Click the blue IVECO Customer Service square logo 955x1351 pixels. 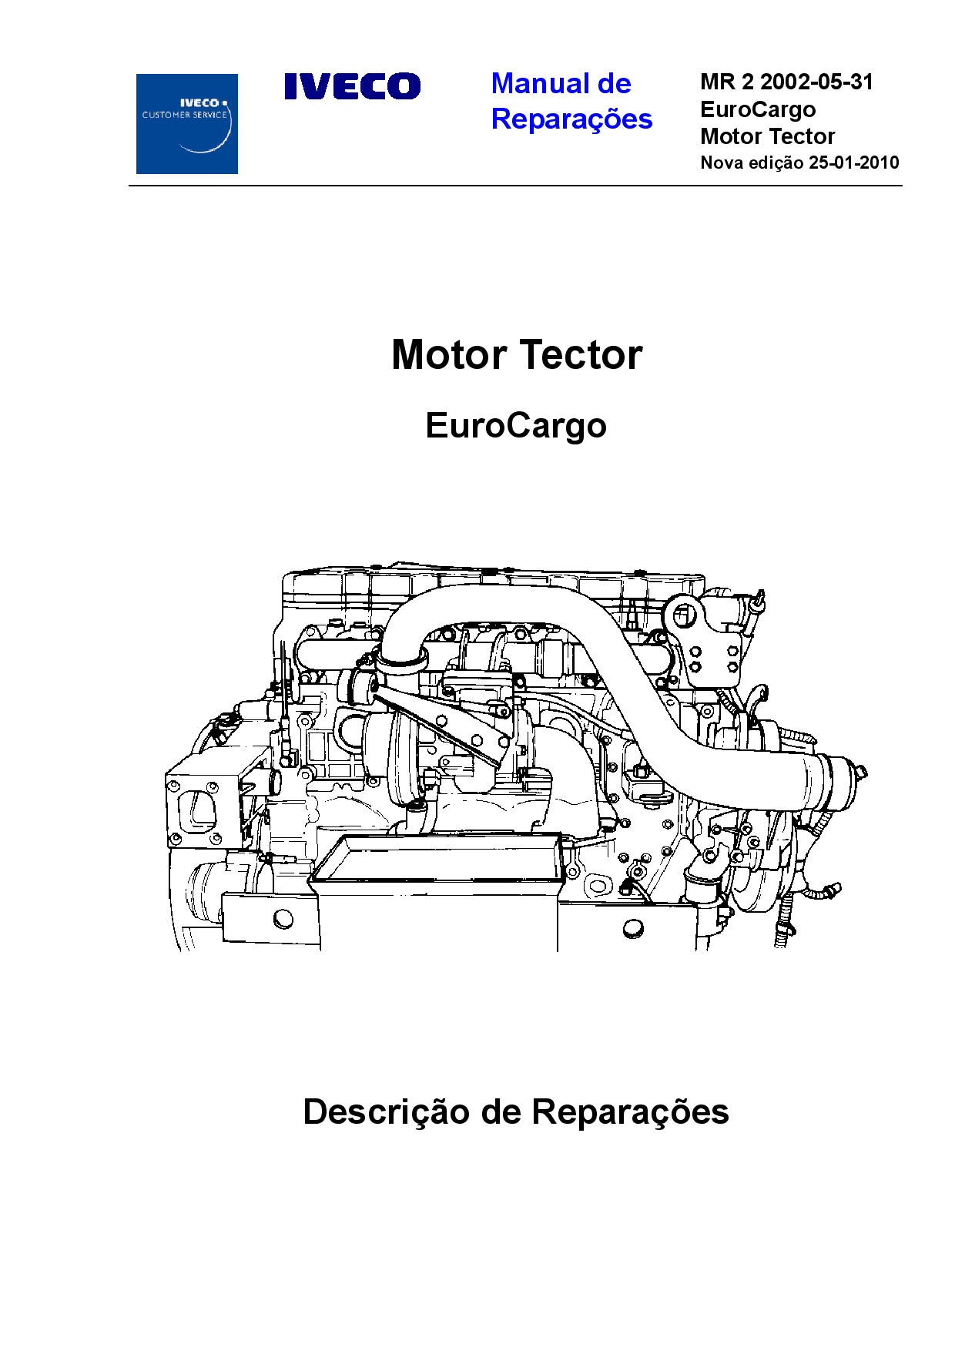[187, 124]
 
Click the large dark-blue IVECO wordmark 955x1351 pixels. [353, 86]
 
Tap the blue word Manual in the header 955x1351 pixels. [540, 83]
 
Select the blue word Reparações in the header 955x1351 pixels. [571, 119]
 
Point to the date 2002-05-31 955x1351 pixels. [817, 82]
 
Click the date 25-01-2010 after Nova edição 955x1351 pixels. [854, 163]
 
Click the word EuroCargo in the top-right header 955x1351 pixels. [758, 110]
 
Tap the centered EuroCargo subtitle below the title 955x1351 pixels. [516, 426]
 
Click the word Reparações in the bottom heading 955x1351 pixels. [630, 1112]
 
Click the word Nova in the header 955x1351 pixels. [722, 163]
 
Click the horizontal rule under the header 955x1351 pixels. [515, 186]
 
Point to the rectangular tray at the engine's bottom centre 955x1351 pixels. [437, 857]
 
